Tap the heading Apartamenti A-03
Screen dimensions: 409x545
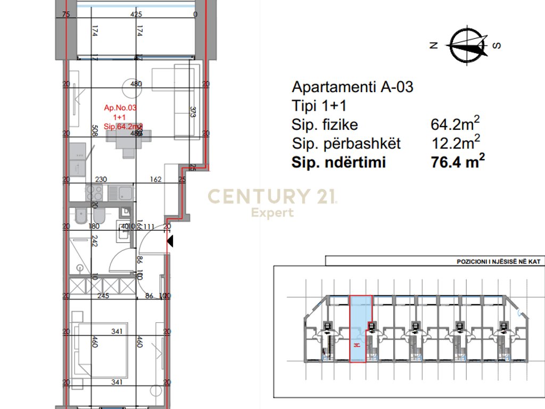coord(352,87)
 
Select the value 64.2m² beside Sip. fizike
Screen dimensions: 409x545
coord(455,125)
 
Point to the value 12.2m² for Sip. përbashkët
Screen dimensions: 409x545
coord(455,143)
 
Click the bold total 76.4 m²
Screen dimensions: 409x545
coord(458,162)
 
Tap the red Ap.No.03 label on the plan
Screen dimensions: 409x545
coord(120,108)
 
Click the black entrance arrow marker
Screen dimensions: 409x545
coord(170,242)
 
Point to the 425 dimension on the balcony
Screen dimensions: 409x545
coord(136,15)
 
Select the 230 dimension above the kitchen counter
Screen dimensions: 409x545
coord(101,180)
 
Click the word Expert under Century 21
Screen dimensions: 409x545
coord(272,213)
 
